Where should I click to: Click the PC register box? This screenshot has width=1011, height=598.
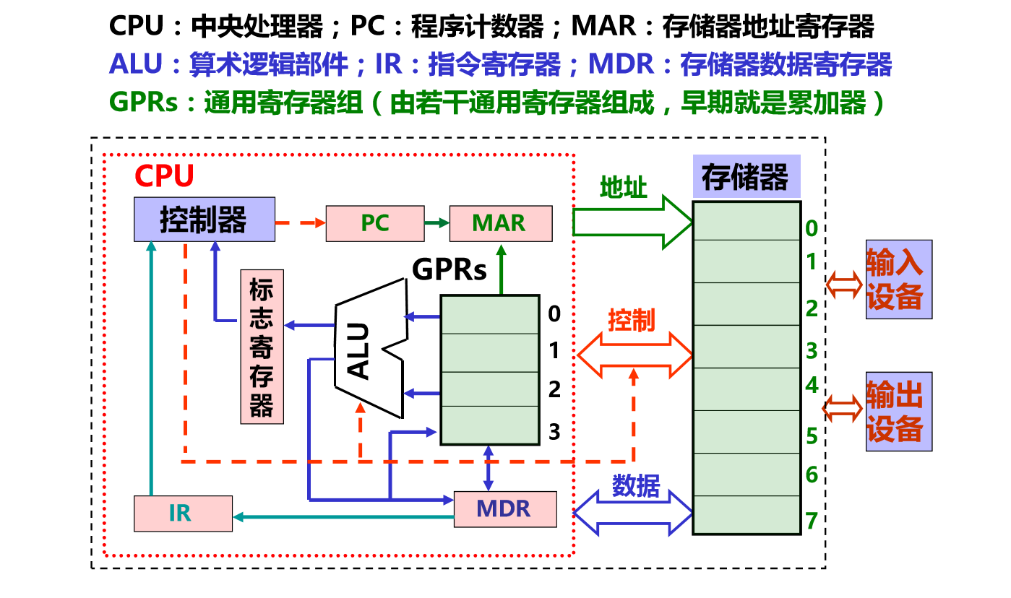[375, 223]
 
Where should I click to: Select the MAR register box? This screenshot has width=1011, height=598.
[499, 223]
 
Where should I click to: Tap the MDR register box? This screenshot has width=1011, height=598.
[504, 508]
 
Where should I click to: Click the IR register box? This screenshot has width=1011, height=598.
[183, 513]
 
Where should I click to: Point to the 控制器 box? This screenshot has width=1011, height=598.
[204, 220]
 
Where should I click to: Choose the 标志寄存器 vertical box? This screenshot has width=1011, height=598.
[262, 346]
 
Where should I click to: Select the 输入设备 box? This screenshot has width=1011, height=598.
[898, 279]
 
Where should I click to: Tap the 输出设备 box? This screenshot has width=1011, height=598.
[898, 412]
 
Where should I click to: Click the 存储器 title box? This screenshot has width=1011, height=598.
[746, 176]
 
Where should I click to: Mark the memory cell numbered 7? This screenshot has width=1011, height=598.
[747, 515]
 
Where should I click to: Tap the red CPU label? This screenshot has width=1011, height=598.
[164, 176]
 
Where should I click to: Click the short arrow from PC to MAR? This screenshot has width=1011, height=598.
[436, 223]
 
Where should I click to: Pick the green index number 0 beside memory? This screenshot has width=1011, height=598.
[812, 230]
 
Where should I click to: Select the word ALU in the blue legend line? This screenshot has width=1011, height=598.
[136, 64]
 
